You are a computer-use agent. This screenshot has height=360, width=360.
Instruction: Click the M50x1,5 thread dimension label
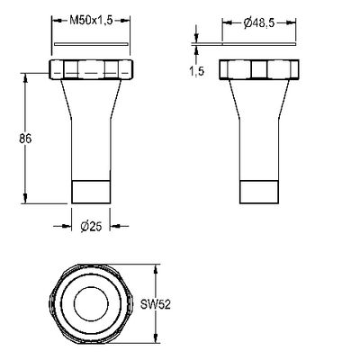click(91, 21)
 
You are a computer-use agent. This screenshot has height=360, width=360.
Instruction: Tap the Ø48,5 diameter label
click(259, 23)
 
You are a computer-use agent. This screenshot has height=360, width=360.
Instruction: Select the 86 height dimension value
click(25, 139)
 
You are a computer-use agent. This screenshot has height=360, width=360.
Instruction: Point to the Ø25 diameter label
click(91, 227)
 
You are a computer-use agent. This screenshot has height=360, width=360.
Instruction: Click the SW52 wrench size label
click(156, 305)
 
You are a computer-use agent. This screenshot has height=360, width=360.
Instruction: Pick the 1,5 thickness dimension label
click(196, 71)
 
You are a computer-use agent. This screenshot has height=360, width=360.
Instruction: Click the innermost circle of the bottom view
click(91, 304)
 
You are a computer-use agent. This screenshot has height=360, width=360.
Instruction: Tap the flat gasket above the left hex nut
click(91, 44)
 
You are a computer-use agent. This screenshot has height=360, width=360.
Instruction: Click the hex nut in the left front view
click(91, 69)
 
